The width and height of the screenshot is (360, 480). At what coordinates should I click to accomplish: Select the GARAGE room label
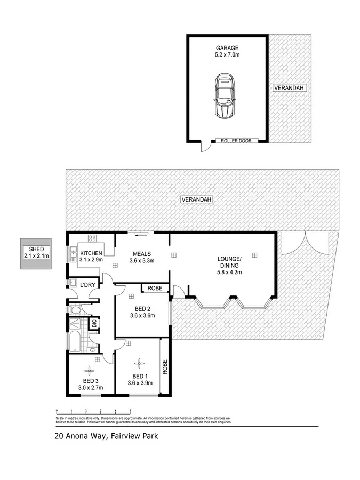227,47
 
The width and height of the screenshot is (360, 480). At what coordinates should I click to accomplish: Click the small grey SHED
36,253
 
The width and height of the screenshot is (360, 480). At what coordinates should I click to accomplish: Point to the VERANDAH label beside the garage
287,88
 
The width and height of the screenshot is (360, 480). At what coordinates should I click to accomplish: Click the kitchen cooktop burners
92,239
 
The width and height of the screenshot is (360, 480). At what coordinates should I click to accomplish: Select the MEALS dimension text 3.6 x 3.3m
141,261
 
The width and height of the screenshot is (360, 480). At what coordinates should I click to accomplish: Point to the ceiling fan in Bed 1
139,363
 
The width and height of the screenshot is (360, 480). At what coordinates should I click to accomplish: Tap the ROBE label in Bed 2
155,288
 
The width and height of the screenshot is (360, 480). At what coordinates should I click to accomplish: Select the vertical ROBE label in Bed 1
165,368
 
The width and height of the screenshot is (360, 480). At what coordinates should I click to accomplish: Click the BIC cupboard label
94,323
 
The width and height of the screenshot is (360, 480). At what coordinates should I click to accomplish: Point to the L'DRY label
87,285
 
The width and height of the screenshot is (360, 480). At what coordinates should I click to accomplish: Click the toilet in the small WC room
75,309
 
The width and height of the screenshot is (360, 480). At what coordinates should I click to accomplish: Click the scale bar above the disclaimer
93,411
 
